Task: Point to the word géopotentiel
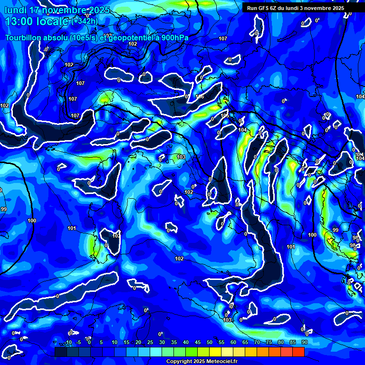(x=132, y=38)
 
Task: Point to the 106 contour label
(x=200, y=97)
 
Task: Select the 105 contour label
(x=225, y=115)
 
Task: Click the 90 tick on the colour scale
(x=304, y=342)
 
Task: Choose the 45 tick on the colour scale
(x=198, y=342)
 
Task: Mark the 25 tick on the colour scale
(x=150, y=342)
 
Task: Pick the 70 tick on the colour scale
(x=257, y=342)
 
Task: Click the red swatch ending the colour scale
(x=298, y=352)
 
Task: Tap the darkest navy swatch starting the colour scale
(x=60, y=352)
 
